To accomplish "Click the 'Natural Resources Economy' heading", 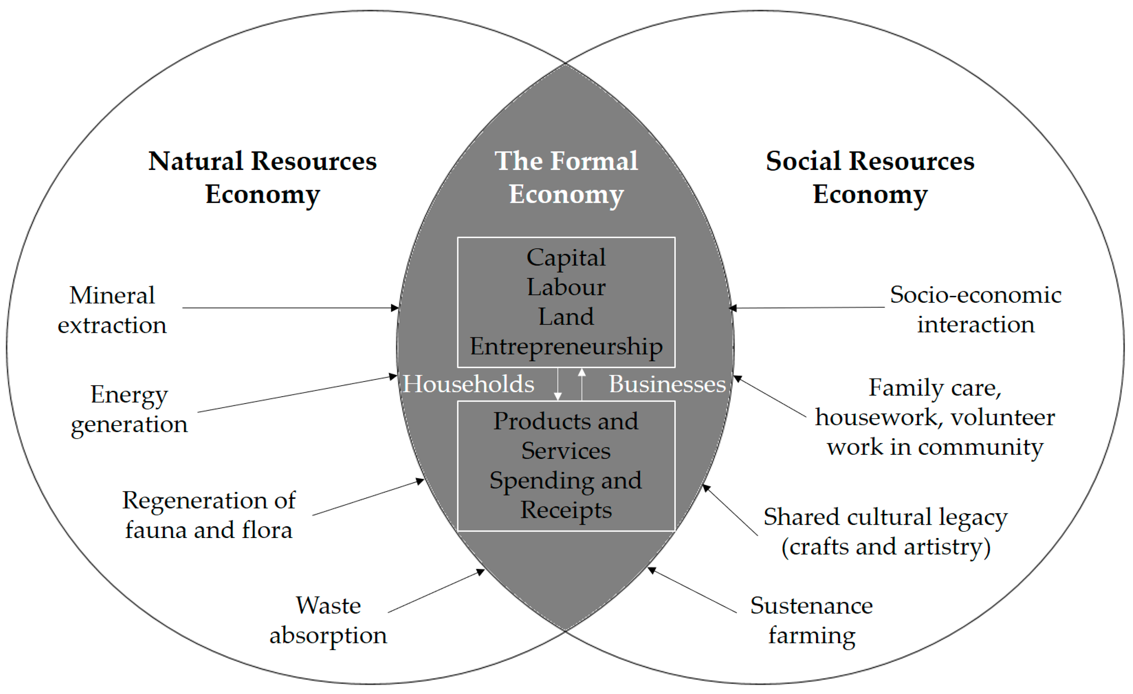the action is [x=262, y=178].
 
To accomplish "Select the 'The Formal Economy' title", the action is [x=566, y=178].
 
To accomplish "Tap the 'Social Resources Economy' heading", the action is [x=870, y=178].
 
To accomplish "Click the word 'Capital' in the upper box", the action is [x=566, y=257].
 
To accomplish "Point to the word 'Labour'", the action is [x=566, y=287].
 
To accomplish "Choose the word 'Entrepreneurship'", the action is [x=566, y=346].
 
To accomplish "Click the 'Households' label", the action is [x=468, y=384].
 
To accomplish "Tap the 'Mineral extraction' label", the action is [x=112, y=310].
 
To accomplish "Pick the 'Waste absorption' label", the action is [x=328, y=620].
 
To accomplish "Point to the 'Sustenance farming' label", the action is [x=812, y=620].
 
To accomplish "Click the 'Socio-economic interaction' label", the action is [x=975, y=309].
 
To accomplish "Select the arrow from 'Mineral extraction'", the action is [x=290, y=308].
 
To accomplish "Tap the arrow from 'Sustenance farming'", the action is [x=692, y=591].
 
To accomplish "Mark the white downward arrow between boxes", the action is [x=558, y=384].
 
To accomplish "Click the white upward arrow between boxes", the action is [x=582, y=384].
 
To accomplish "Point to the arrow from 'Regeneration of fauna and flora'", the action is [x=368, y=497].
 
